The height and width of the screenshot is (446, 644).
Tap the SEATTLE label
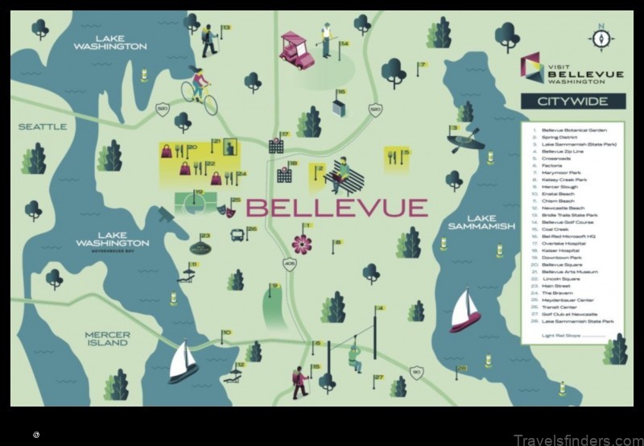pos(43,126)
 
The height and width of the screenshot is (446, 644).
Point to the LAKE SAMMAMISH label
pos(481,222)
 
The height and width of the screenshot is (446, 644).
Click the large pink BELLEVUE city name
pos(336,208)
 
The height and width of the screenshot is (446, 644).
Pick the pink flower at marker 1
pos(301,242)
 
